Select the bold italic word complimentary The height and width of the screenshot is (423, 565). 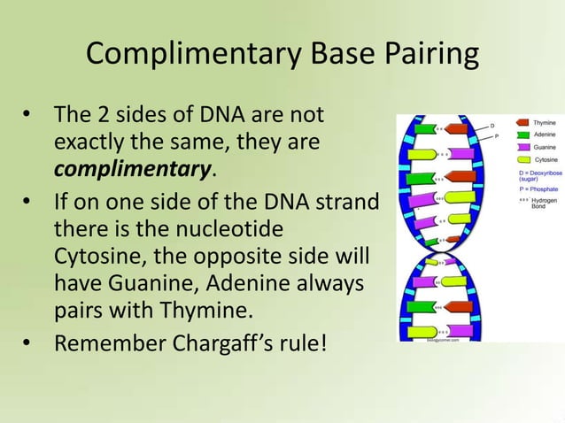coord(135,167)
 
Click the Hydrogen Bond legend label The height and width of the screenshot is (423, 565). coord(545,204)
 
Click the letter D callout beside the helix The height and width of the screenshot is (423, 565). coord(492,126)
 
